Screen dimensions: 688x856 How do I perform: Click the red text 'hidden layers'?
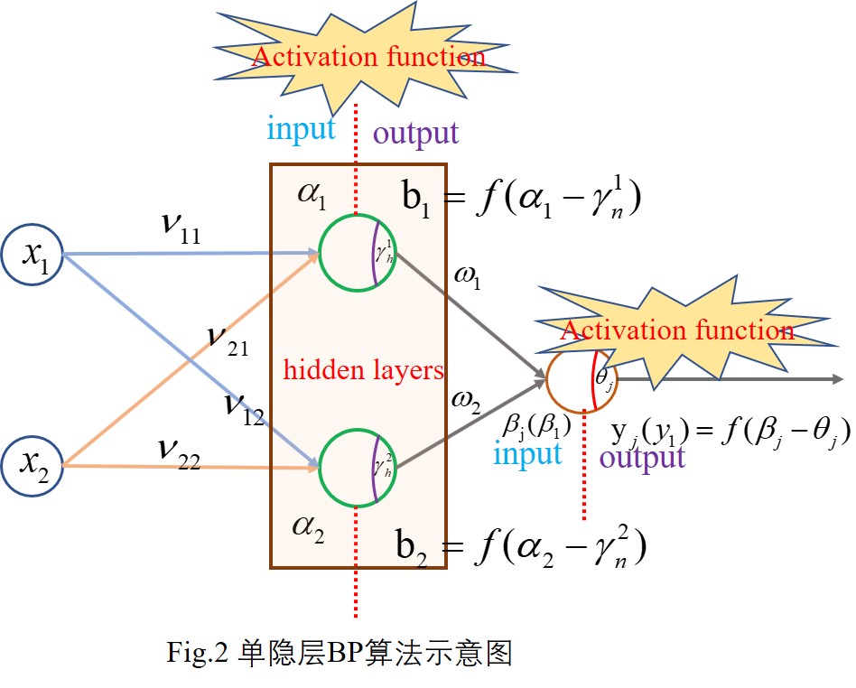tap(363, 369)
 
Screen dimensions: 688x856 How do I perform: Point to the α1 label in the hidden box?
tap(312, 195)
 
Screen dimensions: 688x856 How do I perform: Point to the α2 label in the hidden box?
tap(307, 525)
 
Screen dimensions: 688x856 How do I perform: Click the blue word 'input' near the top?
tap(301, 129)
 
